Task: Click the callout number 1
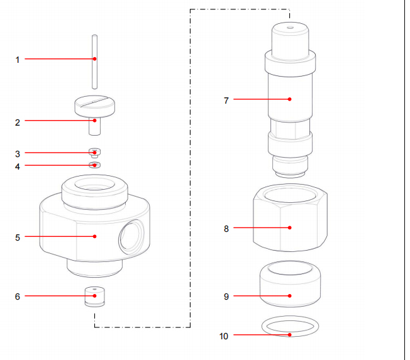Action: tap(18, 60)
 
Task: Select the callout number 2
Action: tap(18, 123)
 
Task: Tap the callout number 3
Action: tap(18, 153)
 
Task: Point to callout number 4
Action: tap(18, 166)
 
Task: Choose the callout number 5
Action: tap(18, 237)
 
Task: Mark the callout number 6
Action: tap(18, 296)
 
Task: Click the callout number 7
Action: tap(226, 100)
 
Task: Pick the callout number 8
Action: tap(226, 229)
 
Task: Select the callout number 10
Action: tap(224, 336)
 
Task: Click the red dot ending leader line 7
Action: tap(289, 99)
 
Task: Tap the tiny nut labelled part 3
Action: tap(94, 153)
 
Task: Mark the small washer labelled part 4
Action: tap(94, 165)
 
